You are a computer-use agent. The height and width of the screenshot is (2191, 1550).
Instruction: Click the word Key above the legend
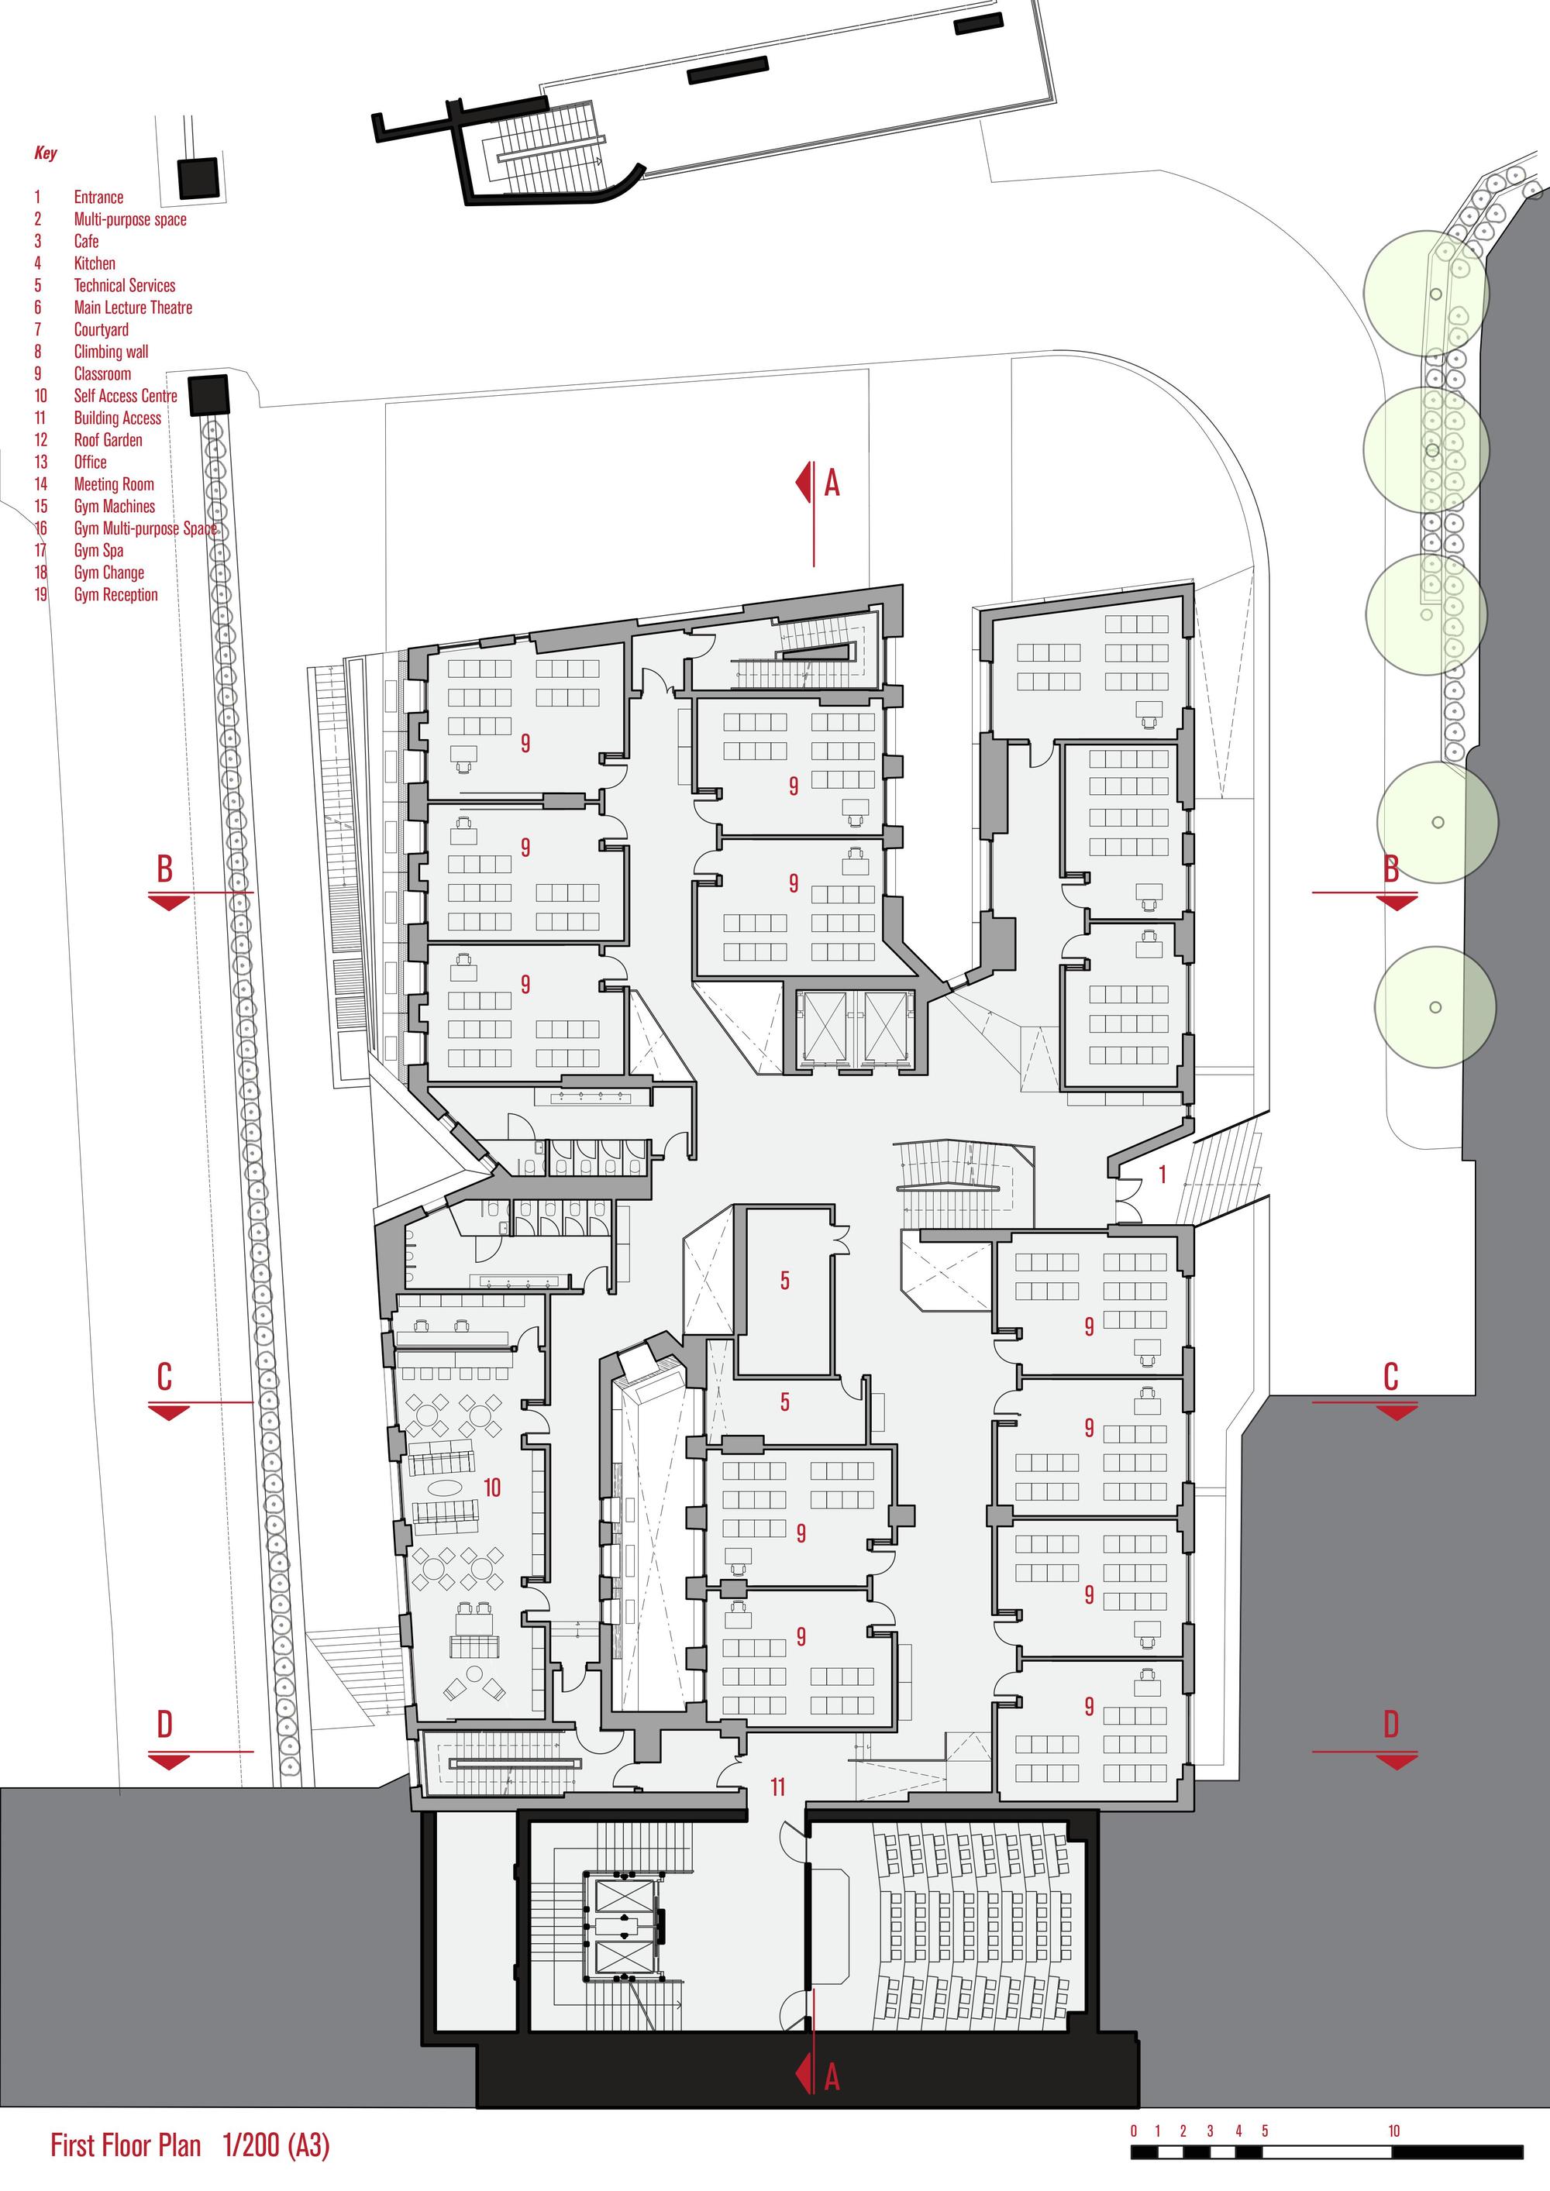pyautogui.click(x=46, y=153)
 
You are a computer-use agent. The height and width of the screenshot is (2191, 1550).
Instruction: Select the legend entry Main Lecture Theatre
pyautogui.click(x=133, y=308)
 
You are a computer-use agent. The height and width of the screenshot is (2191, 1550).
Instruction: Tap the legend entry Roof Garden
pyautogui.click(x=108, y=440)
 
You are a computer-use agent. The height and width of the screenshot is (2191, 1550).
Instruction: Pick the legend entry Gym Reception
pyautogui.click(x=115, y=594)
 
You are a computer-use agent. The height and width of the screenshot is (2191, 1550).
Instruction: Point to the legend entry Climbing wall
pyautogui.click(x=111, y=351)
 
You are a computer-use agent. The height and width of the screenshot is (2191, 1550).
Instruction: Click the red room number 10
pyautogui.click(x=491, y=1487)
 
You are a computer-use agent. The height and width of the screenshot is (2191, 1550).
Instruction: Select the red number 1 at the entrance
pyautogui.click(x=1162, y=1175)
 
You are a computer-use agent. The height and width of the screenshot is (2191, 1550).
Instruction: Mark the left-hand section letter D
pyautogui.click(x=164, y=1725)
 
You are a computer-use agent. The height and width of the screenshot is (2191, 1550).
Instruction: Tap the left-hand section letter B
pyautogui.click(x=164, y=868)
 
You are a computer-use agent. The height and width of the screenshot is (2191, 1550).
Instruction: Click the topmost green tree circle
pyautogui.click(x=1424, y=293)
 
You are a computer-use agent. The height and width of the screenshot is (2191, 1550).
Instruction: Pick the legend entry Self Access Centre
pyautogui.click(x=125, y=395)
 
